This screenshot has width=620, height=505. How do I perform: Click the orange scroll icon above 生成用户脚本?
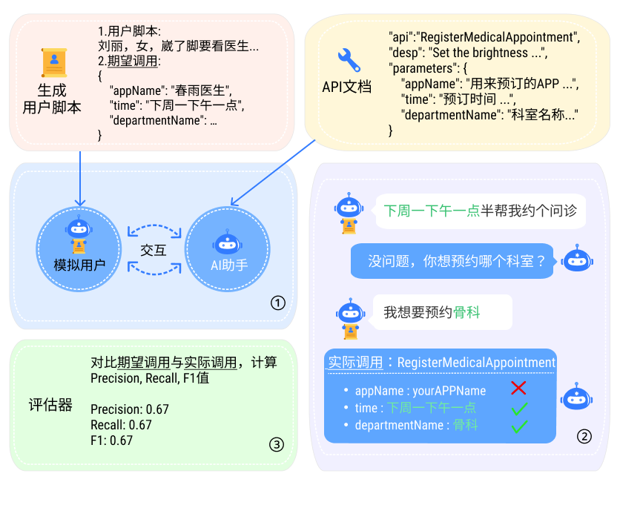tap(54, 63)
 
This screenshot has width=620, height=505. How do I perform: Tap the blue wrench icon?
tap(348, 59)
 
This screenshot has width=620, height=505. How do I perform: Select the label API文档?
tap(346, 87)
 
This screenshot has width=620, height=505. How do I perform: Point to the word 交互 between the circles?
tap(154, 250)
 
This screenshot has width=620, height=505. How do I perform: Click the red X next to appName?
tap(518, 388)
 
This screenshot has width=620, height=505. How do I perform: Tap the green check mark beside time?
tap(519, 407)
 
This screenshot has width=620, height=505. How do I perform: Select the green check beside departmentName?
tap(519, 426)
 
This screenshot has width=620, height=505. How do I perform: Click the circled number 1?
tap(277, 303)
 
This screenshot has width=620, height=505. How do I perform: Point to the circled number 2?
tap(584, 436)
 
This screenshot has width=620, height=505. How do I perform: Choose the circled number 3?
tap(276, 444)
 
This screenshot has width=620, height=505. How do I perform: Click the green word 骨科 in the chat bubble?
tap(467, 312)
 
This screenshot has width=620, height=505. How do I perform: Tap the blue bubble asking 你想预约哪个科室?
tap(452, 261)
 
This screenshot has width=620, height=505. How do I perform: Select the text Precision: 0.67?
tap(130, 409)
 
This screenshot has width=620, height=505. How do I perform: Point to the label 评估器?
tap(50, 405)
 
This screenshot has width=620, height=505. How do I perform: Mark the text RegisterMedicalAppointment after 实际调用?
tap(476, 363)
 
